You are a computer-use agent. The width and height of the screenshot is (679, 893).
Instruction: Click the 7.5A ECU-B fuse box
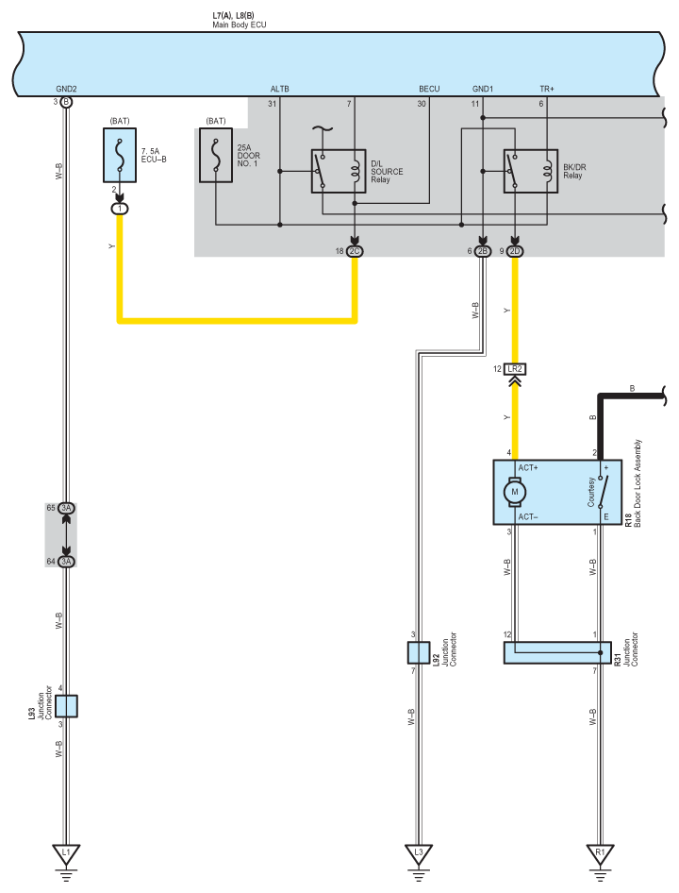click(120, 155)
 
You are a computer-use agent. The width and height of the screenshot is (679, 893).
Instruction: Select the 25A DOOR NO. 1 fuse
click(216, 155)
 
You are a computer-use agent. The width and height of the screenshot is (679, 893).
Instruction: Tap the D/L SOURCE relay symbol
click(339, 171)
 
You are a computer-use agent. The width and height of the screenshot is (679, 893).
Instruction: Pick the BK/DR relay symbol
click(530, 171)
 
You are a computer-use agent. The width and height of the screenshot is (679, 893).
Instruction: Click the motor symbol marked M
click(515, 492)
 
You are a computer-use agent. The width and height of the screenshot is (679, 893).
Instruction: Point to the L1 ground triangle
click(66, 853)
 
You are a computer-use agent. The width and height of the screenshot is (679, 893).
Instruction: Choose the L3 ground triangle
click(419, 853)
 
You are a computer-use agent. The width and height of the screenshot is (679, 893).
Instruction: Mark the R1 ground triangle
click(600, 853)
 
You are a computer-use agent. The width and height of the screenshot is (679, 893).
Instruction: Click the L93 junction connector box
click(67, 706)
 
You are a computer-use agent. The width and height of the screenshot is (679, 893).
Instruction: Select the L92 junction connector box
click(419, 652)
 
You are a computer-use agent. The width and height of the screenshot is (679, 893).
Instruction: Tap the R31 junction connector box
click(557, 652)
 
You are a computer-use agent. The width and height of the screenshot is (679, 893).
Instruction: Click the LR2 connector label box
click(515, 369)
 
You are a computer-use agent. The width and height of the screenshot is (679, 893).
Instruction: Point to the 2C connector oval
click(355, 251)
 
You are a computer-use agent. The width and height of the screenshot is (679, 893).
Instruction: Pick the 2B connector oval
click(483, 251)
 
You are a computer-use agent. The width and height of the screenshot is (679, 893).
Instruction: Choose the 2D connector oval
click(515, 251)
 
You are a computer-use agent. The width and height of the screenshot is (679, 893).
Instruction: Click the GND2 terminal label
click(66, 89)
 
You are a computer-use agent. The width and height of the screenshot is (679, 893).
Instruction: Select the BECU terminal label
click(429, 89)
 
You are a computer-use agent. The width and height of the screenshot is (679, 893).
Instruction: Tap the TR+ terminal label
click(547, 89)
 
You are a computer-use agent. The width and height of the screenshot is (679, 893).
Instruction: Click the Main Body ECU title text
click(239, 25)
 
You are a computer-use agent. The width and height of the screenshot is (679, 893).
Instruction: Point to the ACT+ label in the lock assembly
click(527, 467)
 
